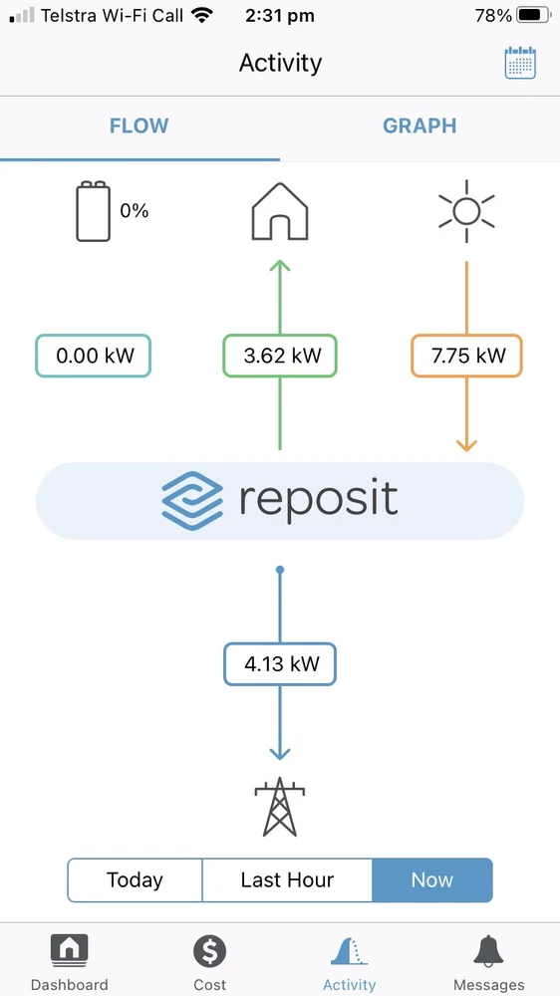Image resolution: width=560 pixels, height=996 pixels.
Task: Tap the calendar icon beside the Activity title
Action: pyautogui.click(x=520, y=62)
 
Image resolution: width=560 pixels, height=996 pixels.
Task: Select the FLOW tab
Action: pyautogui.click(x=139, y=125)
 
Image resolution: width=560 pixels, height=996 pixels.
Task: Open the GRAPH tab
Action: pyautogui.click(x=420, y=125)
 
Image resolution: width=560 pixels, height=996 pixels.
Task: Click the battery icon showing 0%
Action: pyautogui.click(x=93, y=211)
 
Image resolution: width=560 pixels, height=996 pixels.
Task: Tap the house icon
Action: pyautogui.click(x=280, y=211)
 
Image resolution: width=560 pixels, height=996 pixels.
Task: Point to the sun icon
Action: pyautogui.click(x=466, y=211)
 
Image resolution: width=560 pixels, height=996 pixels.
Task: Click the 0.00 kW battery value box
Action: pyautogui.click(x=94, y=356)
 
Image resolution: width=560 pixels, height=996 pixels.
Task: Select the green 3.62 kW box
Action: pyautogui.click(x=280, y=356)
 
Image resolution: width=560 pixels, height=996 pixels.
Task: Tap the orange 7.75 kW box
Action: pyautogui.click(x=466, y=356)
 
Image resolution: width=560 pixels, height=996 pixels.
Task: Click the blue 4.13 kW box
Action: pyautogui.click(x=280, y=664)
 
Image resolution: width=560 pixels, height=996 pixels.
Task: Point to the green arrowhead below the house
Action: pyautogui.click(x=280, y=266)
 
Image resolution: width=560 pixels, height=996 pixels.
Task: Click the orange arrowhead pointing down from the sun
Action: pyautogui.click(x=466, y=444)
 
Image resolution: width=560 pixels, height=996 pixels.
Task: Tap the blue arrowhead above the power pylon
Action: pyautogui.click(x=280, y=753)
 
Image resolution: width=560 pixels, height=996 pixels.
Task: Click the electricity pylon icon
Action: pyautogui.click(x=280, y=807)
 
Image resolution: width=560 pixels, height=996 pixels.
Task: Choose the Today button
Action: pyautogui.click(x=135, y=879)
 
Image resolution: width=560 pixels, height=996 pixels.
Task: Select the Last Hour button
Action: pyautogui.click(x=287, y=879)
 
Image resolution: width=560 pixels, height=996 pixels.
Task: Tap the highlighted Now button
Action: pyautogui.click(x=432, y=879)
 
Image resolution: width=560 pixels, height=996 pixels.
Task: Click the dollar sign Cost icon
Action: pyautogui.click(x=210, y=952)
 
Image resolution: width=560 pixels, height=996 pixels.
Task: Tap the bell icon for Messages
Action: pyautogui.click(x=489, y=952)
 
